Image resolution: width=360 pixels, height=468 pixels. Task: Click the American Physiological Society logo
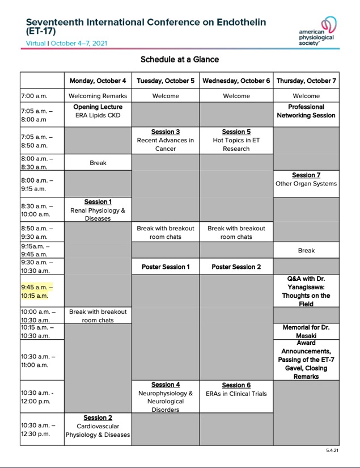pyautogui.click(x=319, y=31)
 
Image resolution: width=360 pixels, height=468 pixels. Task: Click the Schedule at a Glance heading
pyautogui.click(x=180, y=60)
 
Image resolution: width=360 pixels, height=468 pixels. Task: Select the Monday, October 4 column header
pyautogui.click(x=98, y=81)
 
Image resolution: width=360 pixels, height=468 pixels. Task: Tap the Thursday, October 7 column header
pyautogui.click(x=306, y=81)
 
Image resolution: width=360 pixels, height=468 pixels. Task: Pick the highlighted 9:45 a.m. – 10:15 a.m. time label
pyautogui.click(x=35, y=291)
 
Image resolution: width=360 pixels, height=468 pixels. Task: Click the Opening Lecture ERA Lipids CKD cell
pyautogui.click(x=98, y=111)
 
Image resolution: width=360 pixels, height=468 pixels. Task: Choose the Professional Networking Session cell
pyautogui.click(x=306, y=111)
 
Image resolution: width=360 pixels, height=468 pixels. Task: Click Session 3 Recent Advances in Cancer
pyautogui.click(x=166, y=140)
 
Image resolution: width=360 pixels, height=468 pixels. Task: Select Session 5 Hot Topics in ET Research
pyautogui.click(x=236, y=140)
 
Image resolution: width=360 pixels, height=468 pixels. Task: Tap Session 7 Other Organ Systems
pyautogui.click(x=306, y=179)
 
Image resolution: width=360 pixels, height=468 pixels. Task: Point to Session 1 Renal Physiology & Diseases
pyautogui.click(x=98, y=210)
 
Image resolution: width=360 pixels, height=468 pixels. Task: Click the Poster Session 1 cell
pyautogui.click(x=166, y=267)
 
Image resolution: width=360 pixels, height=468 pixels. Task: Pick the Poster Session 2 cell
pyautogui.click(x=236, y=267)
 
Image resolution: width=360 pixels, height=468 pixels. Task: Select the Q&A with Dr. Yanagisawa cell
pyautogui.click(x=306, y=291)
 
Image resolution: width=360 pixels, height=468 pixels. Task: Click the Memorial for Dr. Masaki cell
pyautogui.click(x=306, y=331)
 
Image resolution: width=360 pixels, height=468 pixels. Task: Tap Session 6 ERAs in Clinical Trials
pyautogui.click(x=236, y=389)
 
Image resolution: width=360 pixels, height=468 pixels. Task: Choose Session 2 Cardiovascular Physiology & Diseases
pyautogui.click(x=98, y=426)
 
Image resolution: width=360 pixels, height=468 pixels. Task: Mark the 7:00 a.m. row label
pyautogui.click(x=35, y=96)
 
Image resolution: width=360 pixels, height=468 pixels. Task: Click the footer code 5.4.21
pyautogui.click(x=332, y=450)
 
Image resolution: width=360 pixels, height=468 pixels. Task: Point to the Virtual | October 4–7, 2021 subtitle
pyautogui.click(x=67, y=43)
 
